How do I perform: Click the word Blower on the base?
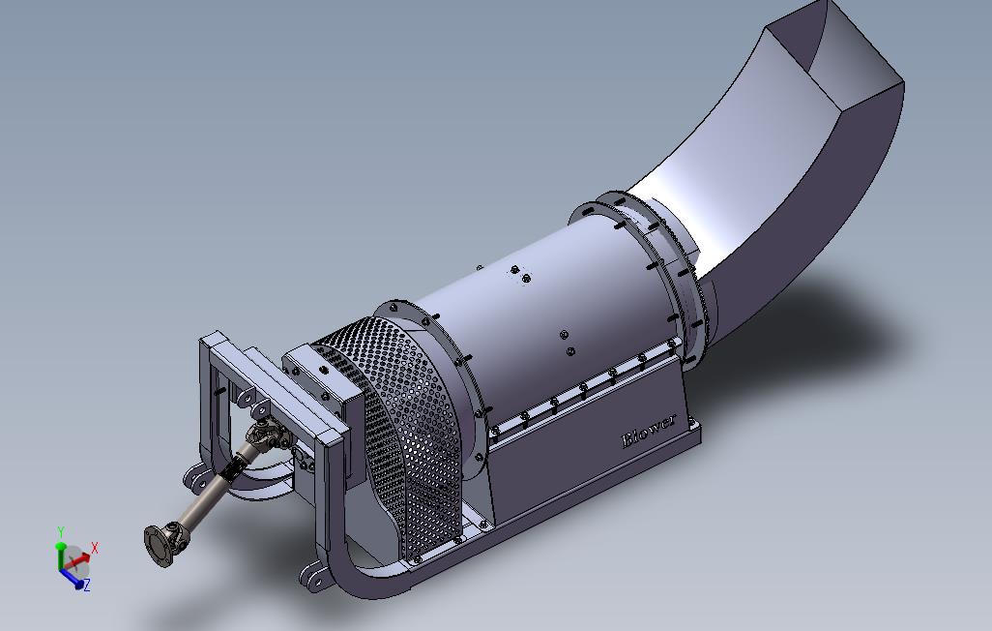649,431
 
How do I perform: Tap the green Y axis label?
61,531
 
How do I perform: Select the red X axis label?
94,548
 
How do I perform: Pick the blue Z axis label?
87,585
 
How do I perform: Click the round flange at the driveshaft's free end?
159,546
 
